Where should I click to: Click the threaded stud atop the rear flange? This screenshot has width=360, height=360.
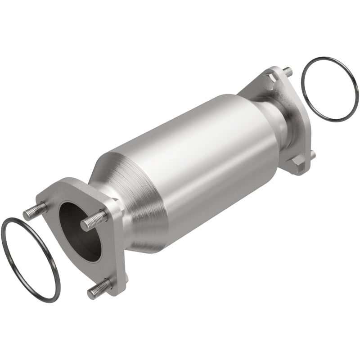[x=287, y=72]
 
